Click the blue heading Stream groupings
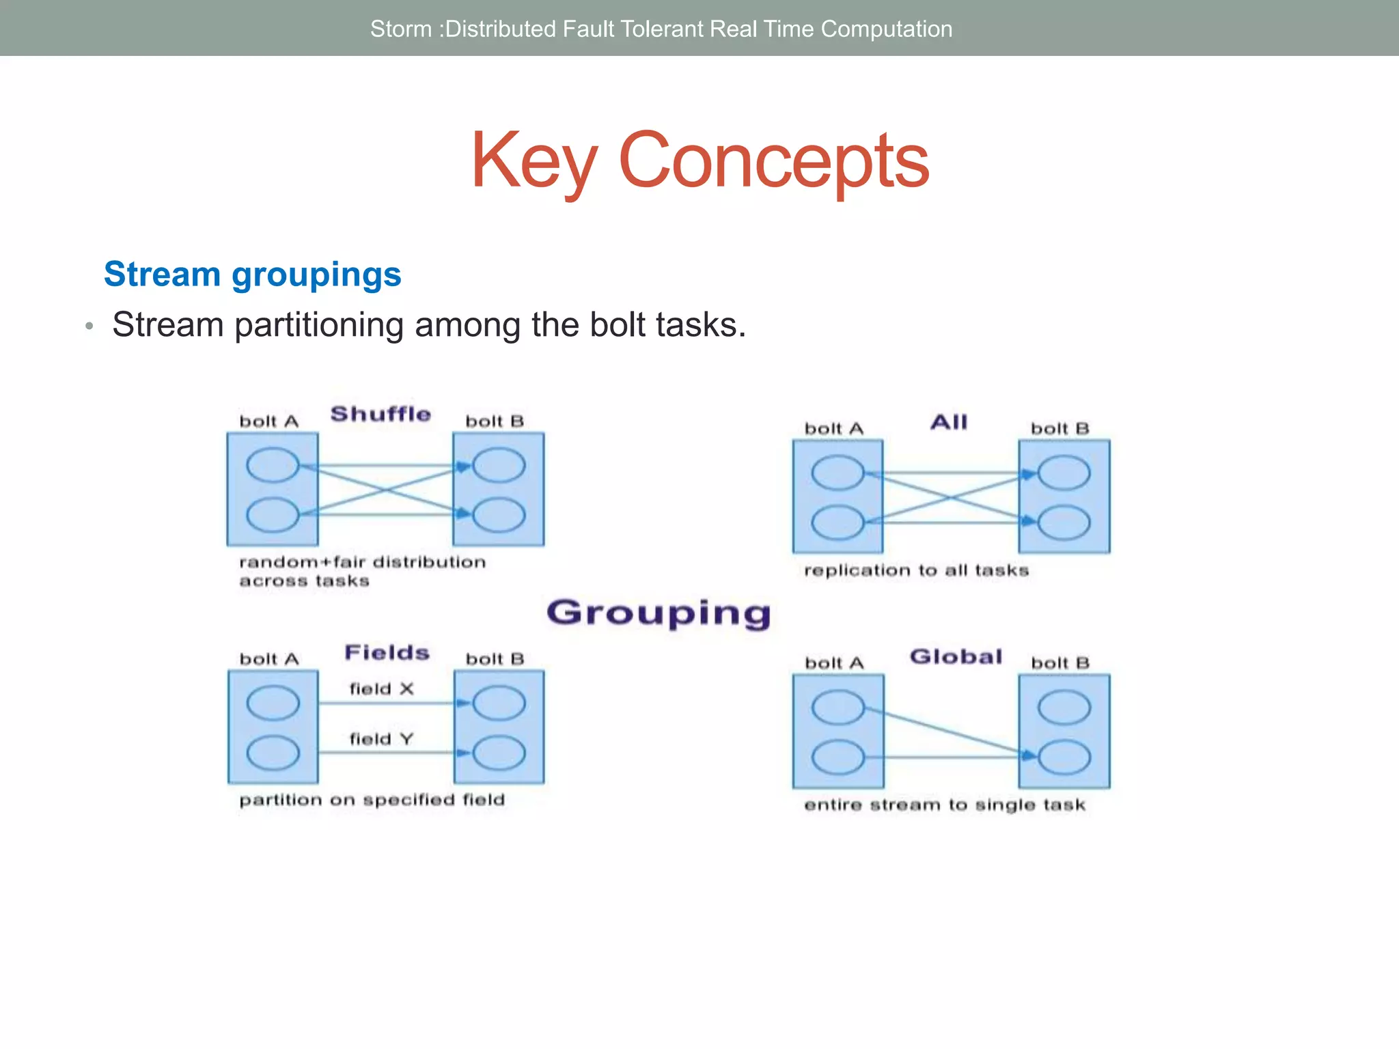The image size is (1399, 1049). pyautogui.click(x=252, y=275)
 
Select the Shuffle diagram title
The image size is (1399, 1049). pyautogui.click(x=380, y=414)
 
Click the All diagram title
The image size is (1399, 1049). pyautogui.click(x=949, y=422)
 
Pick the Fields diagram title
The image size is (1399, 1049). pyautogui.click(x=387, y=652)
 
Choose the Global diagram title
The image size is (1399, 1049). pyautogui.click(x=956, y=656)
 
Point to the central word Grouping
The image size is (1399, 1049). pyautogui.click(x=659, y=613)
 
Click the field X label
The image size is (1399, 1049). pyautogui.click(x=381, y=688)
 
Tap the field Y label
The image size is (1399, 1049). pyautogui.click(x=381, y=739)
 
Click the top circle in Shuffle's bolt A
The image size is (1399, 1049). pyautogui.click(x=273, y=465)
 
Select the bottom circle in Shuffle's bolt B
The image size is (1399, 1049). pyautogui.click(x=499, y=515)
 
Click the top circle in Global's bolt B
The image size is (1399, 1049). pyautogui.click(x=1064, y=707)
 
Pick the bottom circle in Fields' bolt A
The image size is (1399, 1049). pyautogui.click(x=273, y=753)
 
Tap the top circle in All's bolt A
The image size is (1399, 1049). pyautogui.click(x=837, y=473)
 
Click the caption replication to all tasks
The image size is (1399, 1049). pyautogui.click(x=916, y=570)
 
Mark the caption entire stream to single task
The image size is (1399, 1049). pyautogui.click(x=944, y=805)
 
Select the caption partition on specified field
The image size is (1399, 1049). pyautogui.click(x=372, y=800)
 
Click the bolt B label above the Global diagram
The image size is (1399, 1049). pyautogui.click(x=1059, y=662)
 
